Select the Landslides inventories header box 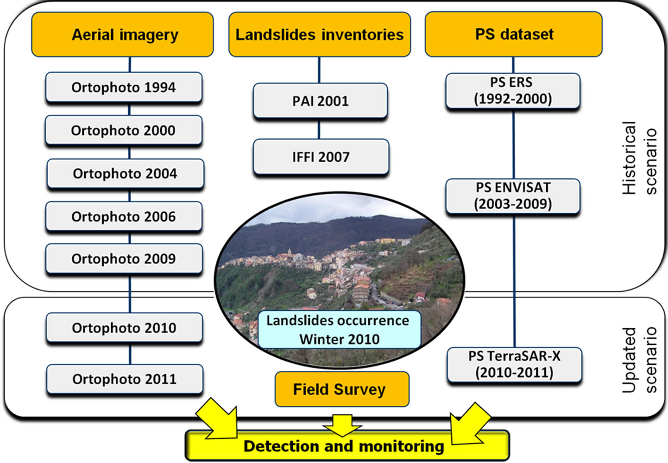pos(320,35)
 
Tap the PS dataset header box pos(514,34)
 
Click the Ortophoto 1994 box pos(124,87)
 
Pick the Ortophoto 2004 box pos(125,174)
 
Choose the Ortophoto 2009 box pos(124,259)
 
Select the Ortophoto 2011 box pos(125,379)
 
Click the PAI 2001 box pos(320,101)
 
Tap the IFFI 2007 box pos(321,157)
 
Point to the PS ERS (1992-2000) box pos(512,91)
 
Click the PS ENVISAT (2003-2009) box pos(513,196)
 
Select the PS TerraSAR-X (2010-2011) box pos(514,365)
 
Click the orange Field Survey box pos(342,389)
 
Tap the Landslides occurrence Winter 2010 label pos(339,330)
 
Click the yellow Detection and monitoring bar pos(344,446)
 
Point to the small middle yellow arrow pos(342,425)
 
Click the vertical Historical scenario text pos(639,158)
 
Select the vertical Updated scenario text pos(639,359)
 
